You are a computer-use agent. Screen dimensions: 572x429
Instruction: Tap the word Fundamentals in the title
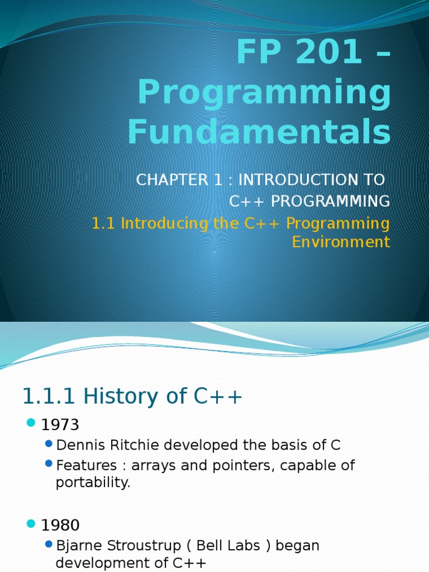(259, 132)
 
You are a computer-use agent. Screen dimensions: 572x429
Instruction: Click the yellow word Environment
(341, 242)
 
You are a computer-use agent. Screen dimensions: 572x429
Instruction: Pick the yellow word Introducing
(164, 223)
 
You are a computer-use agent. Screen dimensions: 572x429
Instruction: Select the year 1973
(60, 425)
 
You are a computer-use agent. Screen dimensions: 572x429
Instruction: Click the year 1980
(60, 525)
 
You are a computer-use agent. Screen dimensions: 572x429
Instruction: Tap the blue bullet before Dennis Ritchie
(49, 445)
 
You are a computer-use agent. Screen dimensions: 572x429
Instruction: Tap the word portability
(93, 483)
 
